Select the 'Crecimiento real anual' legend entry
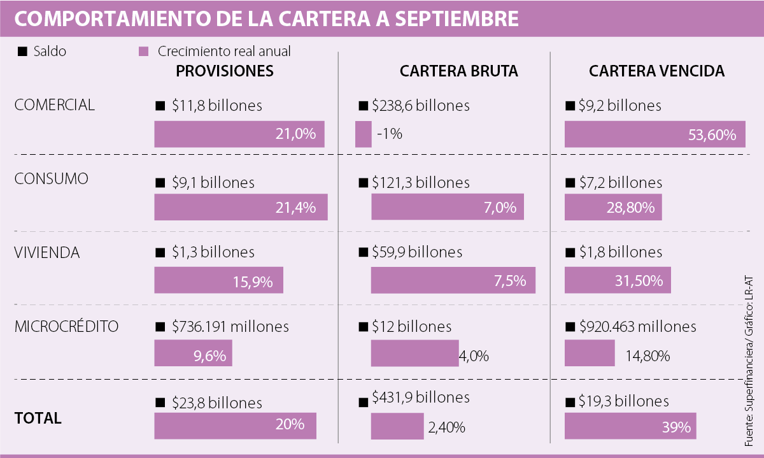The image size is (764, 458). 223,52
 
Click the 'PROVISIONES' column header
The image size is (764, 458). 225,71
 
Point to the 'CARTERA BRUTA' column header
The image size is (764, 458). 458,71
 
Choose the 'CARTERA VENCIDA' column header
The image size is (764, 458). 656,71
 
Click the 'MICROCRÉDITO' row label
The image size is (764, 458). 66,327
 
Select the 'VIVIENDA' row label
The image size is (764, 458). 47,253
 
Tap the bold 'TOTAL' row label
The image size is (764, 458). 38,419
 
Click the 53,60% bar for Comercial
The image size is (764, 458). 654,134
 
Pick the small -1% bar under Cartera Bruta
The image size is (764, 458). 363,134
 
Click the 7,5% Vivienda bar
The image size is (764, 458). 453,280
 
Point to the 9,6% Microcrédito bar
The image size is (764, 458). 193,354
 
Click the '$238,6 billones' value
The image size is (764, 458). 421,106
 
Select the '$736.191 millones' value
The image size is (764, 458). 230,327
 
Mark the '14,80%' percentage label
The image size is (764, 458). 647,355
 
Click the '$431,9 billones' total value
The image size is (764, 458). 421,398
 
